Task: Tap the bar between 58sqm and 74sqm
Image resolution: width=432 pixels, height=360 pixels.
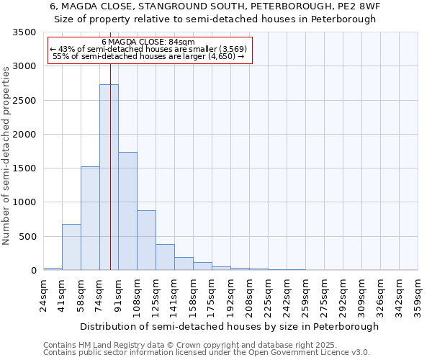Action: (x=90, y=218)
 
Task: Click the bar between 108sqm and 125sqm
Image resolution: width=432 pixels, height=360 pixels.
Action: (x=146, y=240)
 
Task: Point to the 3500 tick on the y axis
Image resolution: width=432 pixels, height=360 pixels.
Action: (x=24, y=32)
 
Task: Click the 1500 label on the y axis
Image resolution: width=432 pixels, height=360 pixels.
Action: (x=24, y=168)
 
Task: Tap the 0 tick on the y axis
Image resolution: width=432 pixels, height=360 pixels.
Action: (x=33, y=271)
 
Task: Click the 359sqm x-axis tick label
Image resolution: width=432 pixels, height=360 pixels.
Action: (x=418, y=295)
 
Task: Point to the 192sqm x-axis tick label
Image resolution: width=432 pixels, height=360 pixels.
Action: (x=231, y=295)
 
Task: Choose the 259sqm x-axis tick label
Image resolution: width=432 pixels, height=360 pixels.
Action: (x=306, y=295)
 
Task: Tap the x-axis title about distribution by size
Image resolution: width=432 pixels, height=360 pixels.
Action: (x=229, y=326)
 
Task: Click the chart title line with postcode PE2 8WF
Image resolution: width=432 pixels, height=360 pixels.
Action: (x=215, y=6)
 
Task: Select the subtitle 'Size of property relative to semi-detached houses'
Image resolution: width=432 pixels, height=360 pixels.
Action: (x=215, y=19)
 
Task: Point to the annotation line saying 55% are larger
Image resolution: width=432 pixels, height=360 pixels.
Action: (x=149, y=56)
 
